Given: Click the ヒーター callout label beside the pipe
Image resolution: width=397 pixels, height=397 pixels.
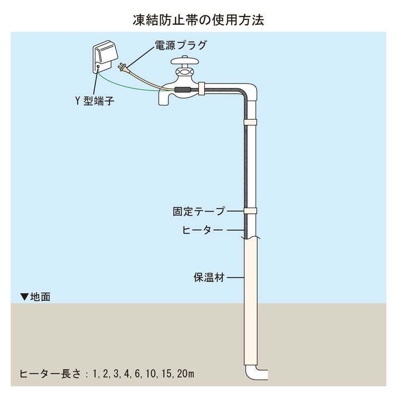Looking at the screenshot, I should tap(204, 230).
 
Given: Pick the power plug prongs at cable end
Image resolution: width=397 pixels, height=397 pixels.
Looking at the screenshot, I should tap(121, 67).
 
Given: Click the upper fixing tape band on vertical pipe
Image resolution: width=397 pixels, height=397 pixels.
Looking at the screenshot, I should tap(250, 123).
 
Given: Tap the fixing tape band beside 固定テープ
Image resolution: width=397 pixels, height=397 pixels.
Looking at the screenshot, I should tap(250, 211).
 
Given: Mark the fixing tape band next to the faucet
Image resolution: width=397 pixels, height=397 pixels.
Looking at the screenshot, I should tap(203, 88).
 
